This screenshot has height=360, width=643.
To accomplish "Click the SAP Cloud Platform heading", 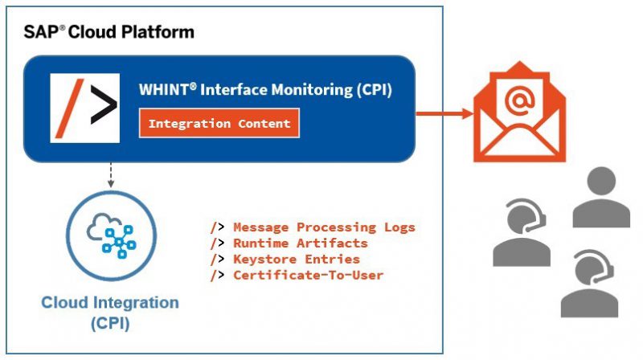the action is pyautogui.click(x=109, y=32).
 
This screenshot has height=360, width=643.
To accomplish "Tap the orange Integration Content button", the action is pyautogui.click(x=219, y=123).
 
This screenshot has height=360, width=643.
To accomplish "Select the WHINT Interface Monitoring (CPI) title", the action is pyautogui.click(x=265, y=89).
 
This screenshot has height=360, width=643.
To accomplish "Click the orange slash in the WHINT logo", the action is pyautogui.click(x=70, y=108).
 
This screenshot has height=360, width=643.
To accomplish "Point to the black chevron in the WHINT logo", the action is pyautogui.click(x=104, y=104).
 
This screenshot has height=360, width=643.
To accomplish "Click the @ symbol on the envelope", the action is pyautogui.click(x=519, y=99).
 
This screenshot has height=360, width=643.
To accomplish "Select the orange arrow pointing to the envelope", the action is pyautogui.click(x=444, y=113).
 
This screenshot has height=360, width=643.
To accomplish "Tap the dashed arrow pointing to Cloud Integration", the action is pyautogui.click(x=110, y=175).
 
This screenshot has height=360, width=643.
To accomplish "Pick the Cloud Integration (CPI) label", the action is pyautogui.click(x=110, y=313).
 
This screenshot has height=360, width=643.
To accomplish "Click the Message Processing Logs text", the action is pyautogui.click(x=324, y=227).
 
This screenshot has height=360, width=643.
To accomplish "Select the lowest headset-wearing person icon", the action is pyautogui.click(x=589, y=284).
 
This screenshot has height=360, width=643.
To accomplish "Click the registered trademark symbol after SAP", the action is pyautogui.click(x=63, y=27).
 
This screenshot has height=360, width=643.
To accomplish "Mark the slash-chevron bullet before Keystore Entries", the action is pyautogui.click(x=217, y=260).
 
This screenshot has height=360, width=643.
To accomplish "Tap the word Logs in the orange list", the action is pyautogui.click(x=399, y=227).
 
